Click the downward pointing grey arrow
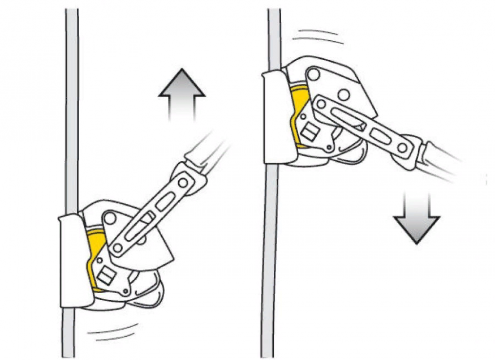416,218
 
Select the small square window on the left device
105,277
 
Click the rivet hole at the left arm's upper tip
183,183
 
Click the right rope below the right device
270,255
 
